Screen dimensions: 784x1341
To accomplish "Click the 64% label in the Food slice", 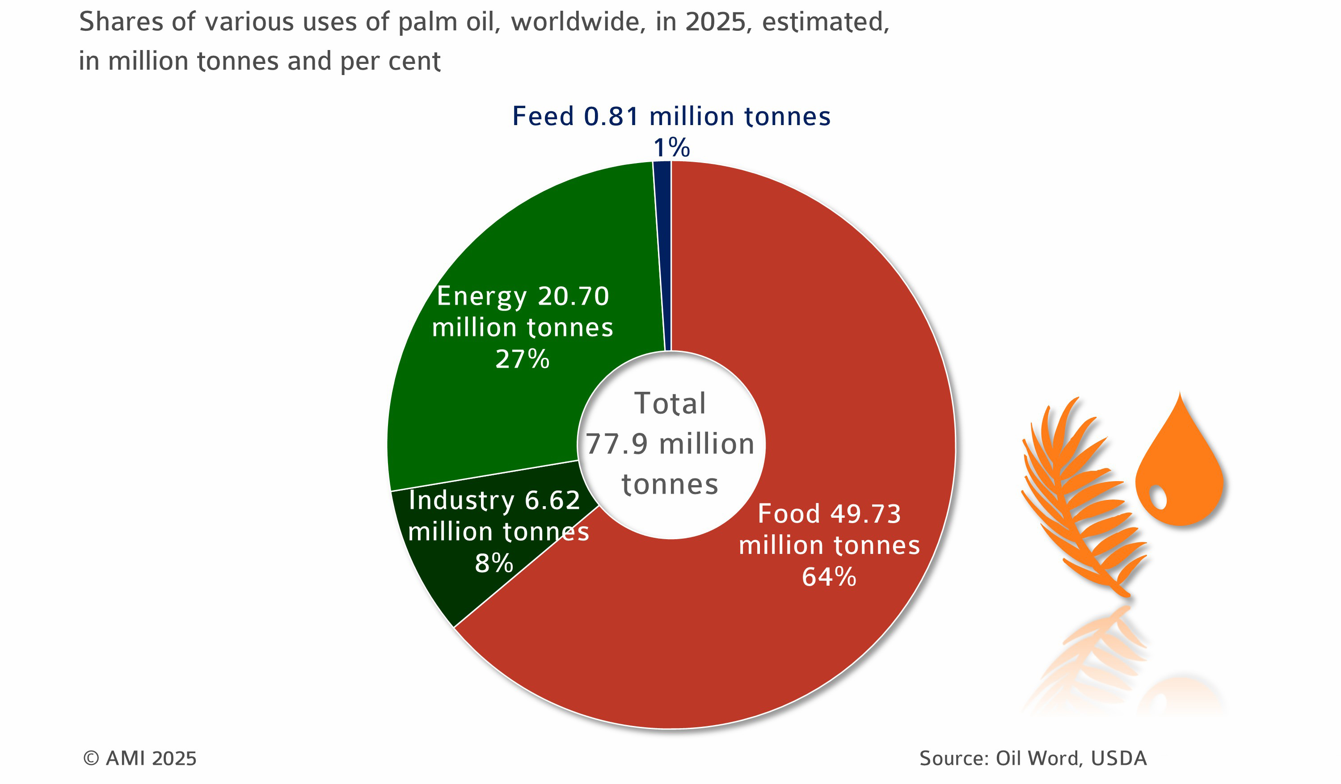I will click(x=829, y=577).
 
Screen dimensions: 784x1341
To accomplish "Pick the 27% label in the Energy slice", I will click(x=522, y=359).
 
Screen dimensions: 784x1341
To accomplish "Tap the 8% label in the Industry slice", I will click(x=494, y=563).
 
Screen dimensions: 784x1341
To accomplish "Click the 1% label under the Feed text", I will click(x=671, y=148).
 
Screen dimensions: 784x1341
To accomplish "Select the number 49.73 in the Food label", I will click(x=865, y=514).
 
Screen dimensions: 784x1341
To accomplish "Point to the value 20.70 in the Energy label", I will click(x=573, y=296).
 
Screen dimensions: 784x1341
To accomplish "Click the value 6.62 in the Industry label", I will click(x=552, y=500).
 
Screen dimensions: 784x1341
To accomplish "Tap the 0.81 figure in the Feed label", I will click(x=611, y=117).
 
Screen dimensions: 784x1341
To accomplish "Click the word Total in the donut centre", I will click(x=670, y=403).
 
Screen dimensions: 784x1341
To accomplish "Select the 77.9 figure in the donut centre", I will click(x=616, y=444).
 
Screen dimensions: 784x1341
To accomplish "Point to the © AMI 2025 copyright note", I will click(x=139, y=759).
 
